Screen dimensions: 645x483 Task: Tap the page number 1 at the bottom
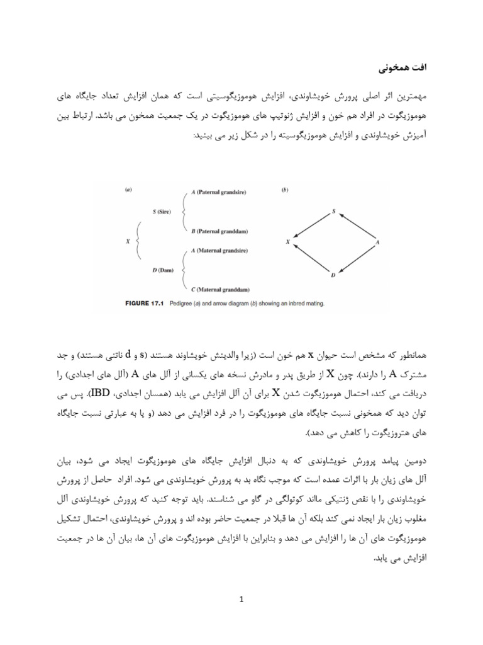tap(241, 599)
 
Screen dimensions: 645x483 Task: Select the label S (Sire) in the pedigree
tap(162, 212)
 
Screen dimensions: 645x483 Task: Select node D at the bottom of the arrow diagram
tap(333, 275)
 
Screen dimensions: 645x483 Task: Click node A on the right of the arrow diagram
tap(377, 242)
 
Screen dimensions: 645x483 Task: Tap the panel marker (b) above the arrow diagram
tap(286, 188)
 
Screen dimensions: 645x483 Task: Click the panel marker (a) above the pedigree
tap(128, 188)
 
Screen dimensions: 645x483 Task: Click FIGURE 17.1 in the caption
tap(140, 304)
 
